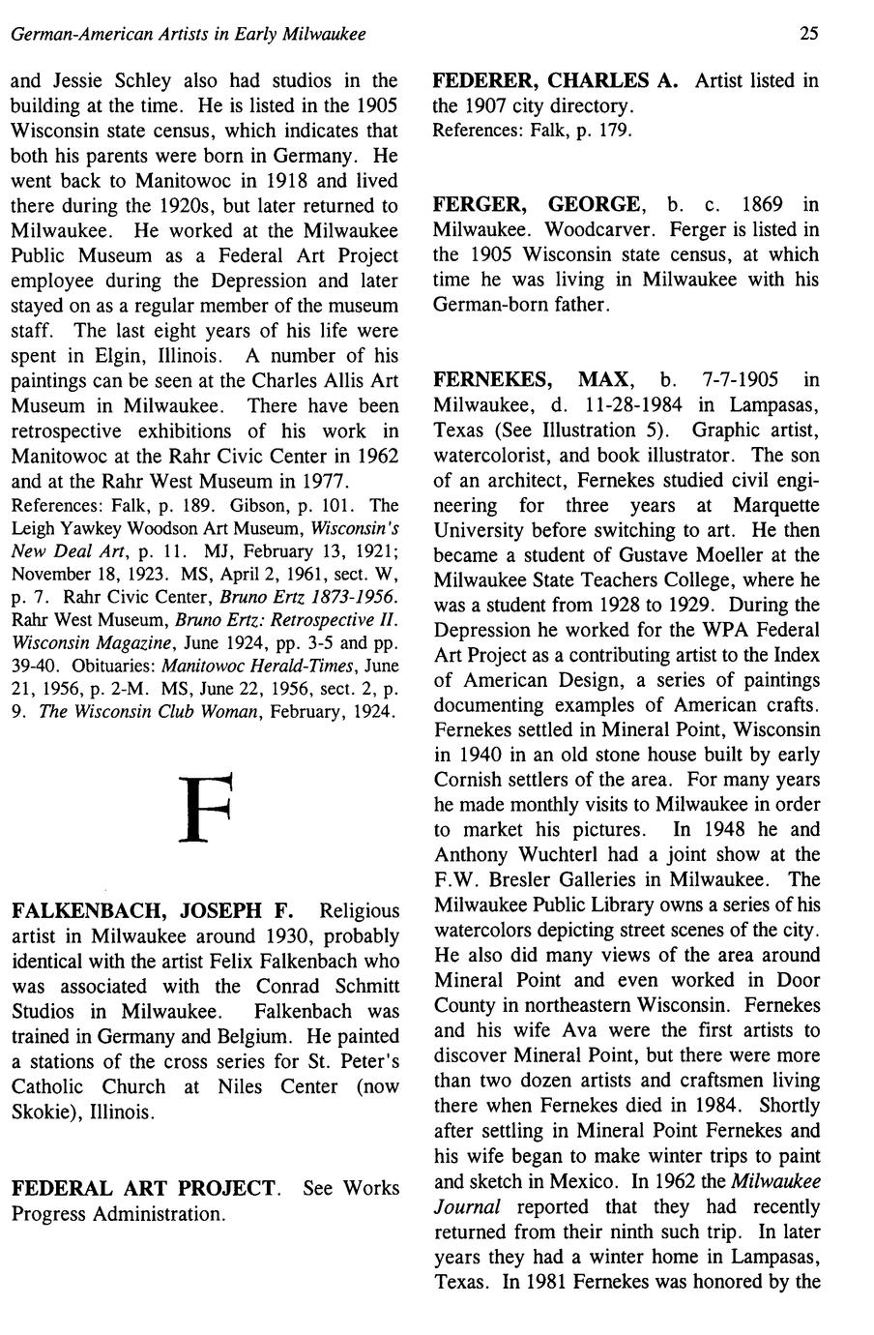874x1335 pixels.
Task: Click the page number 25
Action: click(809, 35)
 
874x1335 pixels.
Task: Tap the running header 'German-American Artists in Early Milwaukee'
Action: click(188, 35)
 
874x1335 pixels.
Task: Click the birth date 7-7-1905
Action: click(741, 379)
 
